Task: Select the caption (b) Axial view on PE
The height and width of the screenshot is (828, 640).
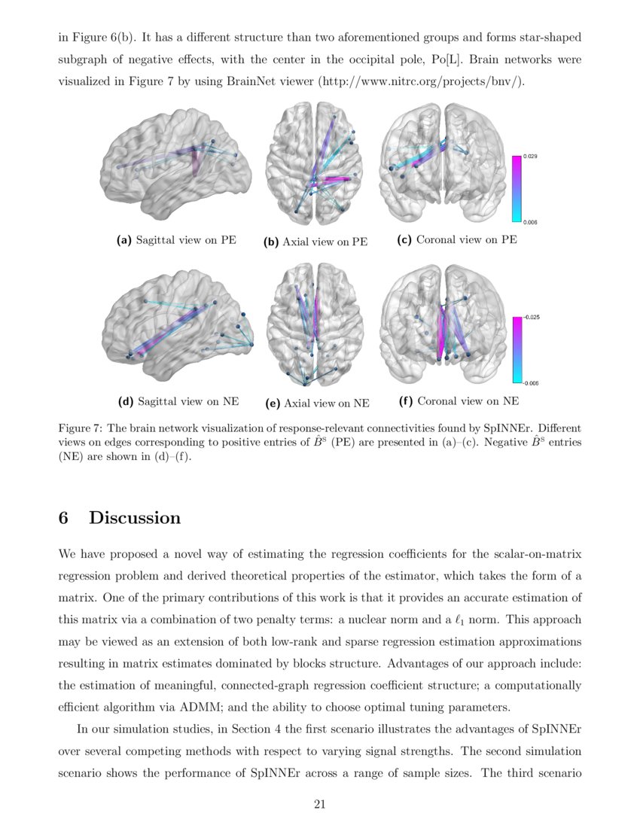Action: click(x=315, y=242)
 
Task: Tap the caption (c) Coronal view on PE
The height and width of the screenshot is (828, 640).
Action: click(x=457, y=240)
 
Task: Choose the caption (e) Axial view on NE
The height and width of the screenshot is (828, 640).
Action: click(x=317, y=403)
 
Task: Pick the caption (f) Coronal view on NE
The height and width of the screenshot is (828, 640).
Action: click(x=459, y=402)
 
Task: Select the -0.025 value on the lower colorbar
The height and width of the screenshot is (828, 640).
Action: click(x=532, y=318)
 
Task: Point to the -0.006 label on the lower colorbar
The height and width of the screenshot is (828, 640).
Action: click(x=532, y=383)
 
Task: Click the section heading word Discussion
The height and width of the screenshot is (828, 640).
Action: click(x=135, y=518)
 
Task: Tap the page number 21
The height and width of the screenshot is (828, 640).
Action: click(x=319, y=805)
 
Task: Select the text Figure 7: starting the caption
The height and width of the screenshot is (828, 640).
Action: click(x=81, y=428)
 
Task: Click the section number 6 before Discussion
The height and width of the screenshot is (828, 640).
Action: click(x=64, y=518)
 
